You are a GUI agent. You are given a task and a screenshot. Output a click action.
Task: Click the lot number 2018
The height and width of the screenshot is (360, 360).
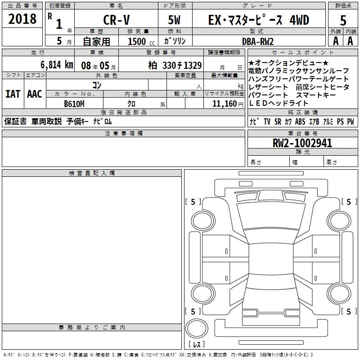(x=22, y=19)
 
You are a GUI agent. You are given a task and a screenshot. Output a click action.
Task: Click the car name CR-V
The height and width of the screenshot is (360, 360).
(x=117, y=20)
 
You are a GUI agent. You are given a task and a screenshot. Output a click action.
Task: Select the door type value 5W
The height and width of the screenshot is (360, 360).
(x=174, y=20)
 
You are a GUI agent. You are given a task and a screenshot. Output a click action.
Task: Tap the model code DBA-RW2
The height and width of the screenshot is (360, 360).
(x=258, y=41)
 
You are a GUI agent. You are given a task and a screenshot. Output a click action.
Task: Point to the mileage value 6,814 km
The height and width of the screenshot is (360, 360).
(x=57, y=65)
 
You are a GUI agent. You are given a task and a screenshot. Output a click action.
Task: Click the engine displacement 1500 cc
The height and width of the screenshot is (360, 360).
(x=141, y=41)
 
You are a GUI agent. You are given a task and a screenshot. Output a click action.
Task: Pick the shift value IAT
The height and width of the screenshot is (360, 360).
(x=13, y=94)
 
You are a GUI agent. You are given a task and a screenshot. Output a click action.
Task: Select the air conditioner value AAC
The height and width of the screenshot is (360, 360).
(x=35, y=94)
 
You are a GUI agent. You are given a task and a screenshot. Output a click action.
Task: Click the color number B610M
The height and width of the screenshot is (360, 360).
(x=74, y=104)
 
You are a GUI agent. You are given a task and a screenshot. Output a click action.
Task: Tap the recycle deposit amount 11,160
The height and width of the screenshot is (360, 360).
(x=224, y=104)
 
